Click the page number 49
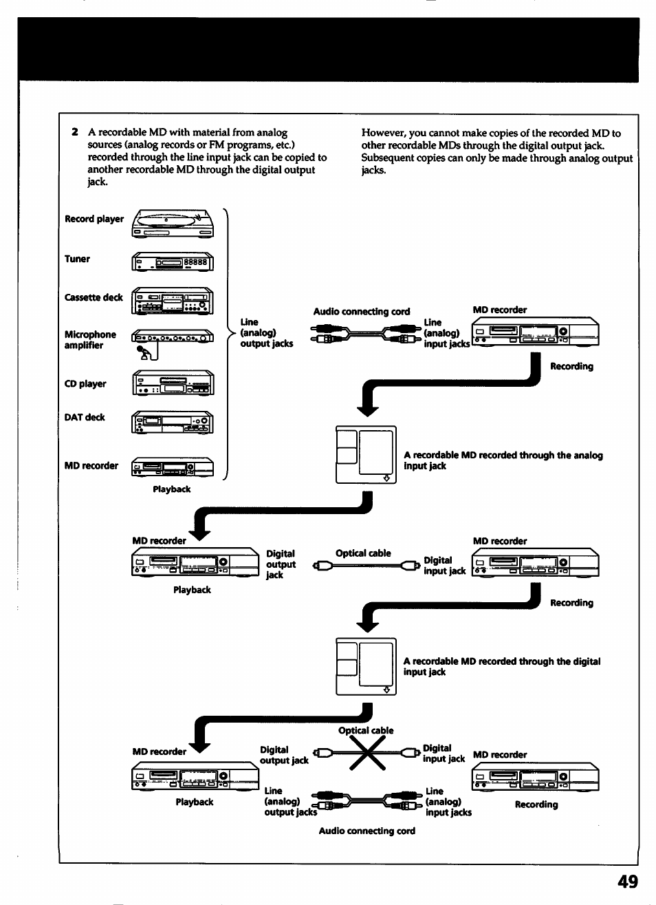pos(627,882)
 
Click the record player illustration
pos(173,223)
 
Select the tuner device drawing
pos(173,262)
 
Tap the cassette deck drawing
pos(173,301)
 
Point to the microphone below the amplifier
pos(146,352)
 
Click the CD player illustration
pos(173,383)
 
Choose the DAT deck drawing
pos(173,421)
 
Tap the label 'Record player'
pos(94,219)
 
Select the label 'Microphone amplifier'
pos(90,340)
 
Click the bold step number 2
pos(74,132)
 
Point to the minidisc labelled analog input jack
pos(366,455)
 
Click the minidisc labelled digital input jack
pos(366,666)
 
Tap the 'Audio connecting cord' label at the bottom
pos(367,831)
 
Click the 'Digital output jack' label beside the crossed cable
pos(283,755)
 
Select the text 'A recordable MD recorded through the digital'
pos(501,661)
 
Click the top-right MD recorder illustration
pos(535,332)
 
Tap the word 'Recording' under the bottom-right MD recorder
pos(536,805)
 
